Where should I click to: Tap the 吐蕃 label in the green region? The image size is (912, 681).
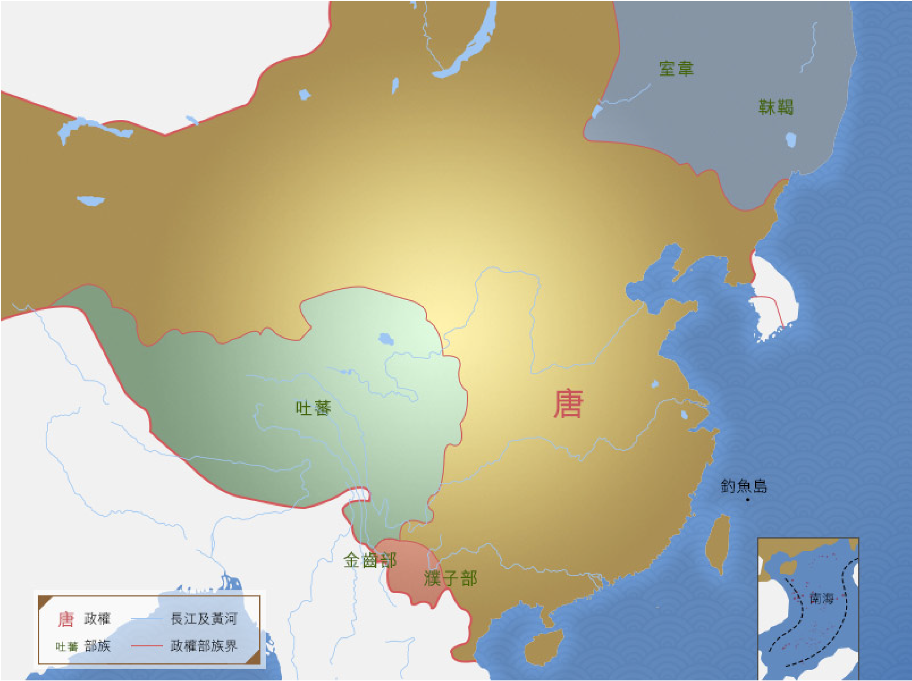click(x=313, y=408)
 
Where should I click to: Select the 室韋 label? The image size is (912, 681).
click(x=676, y=69)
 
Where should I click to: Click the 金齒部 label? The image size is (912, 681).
click(x=370, y=561)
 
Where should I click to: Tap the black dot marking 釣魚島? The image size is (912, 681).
click(x=748, y=500)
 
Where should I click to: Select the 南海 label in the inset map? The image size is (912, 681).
click(x=821, y=598)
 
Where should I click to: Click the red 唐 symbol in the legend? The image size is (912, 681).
click(x=66, y=619)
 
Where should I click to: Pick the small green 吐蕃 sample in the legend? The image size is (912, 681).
click(x=67, y=646)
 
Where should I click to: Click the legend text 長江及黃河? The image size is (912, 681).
click(x=204, y=619)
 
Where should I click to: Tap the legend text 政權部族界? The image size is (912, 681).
click(x=204, y=645)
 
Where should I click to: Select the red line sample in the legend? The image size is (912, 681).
click(x=147, y=645)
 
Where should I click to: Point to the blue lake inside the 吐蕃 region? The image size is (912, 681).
click(x=386, y=339)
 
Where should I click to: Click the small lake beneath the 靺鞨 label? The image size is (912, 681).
click(x=790, y=140)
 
